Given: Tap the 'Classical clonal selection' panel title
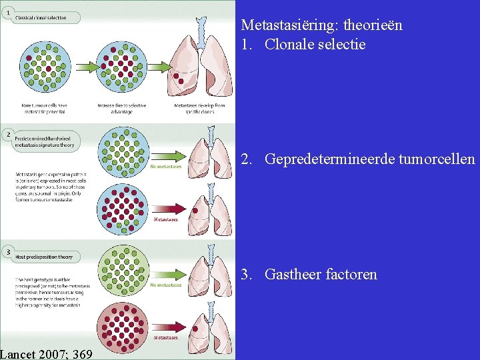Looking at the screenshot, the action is (x=41, y=17).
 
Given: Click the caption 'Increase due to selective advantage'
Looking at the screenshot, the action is (x=121, y=109).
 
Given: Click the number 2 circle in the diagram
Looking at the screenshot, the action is (x=7, y=135).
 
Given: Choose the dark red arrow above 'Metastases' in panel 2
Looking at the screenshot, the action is (x=165, y=211).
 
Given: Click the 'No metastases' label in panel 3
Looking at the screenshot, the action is (x=165, y=285).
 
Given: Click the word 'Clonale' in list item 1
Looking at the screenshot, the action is (x=289, y=45).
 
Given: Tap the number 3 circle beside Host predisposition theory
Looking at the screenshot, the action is (x=7, y=252).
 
